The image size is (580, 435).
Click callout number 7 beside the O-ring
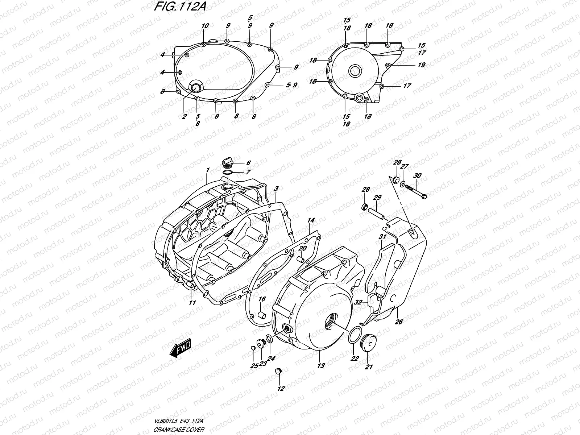248,173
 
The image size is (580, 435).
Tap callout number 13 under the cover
321,366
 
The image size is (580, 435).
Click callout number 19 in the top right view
421,65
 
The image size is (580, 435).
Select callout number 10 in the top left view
205,26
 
